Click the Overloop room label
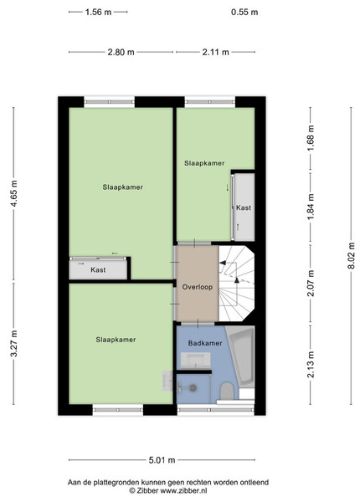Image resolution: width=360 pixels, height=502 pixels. (x=198, y=287)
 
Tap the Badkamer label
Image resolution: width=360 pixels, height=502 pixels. (x=205, y=343)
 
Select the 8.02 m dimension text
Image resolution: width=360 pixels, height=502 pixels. (x=351, y=256)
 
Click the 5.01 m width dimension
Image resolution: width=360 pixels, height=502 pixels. (x=162, y=460)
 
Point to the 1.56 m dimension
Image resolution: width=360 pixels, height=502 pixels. (x=98, y=13)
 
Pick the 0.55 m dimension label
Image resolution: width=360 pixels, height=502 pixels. (x=244, y=13)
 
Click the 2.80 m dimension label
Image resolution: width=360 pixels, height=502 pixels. (x=121, y=52)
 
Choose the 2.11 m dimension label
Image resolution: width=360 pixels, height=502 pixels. (x=215, y=52)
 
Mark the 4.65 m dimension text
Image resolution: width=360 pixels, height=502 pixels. (x=13, y=193)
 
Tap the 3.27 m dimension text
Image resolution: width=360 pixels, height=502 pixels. (x=13, y=343)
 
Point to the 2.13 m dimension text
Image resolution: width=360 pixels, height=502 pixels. (x=311, y=364)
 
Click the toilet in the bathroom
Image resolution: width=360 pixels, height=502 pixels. (x=227, y=391)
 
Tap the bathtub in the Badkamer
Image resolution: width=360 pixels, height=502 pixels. (x=243, y=356)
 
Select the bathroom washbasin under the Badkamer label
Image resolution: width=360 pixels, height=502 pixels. (x=195, y=361)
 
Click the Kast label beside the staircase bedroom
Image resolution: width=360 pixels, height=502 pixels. (x=244, y=207)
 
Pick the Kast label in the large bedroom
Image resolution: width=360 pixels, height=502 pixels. (x=98, y=270)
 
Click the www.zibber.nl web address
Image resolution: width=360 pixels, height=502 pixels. (x=183, y=490)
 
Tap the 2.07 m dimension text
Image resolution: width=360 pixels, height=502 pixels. (x=311, y=284)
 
